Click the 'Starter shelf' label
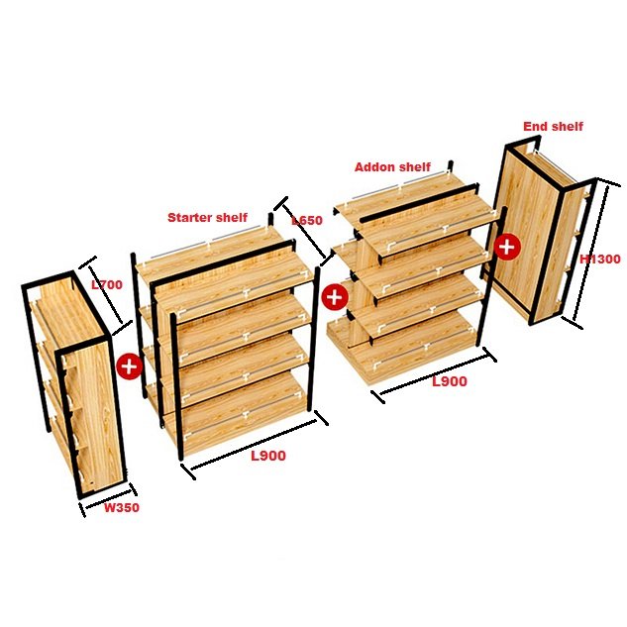(207, 218)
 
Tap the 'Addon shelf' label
(392, 166)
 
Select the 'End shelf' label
(553, 127)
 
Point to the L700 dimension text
(107, 285)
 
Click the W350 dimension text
(122, 508)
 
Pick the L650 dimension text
(307, 220)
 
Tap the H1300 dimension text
(600, 260)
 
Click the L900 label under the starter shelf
(268, 456)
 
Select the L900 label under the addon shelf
(450, 381)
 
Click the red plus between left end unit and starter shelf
(129, 366)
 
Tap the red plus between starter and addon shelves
(334, 297)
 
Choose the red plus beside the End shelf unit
(507, 247)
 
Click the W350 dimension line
(108, 501)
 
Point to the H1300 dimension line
(591, 254)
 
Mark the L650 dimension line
(304, 231)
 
